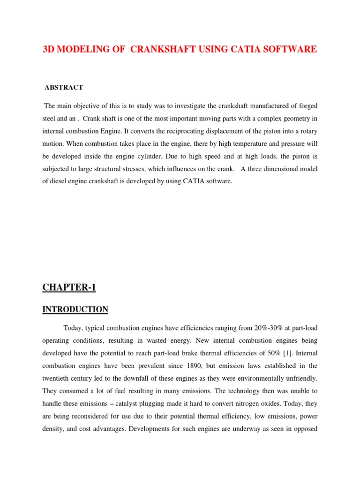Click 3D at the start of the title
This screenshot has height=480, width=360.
point(50,49)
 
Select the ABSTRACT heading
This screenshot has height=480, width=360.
point(64,87)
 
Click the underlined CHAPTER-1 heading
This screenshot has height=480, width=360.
point(69,288)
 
